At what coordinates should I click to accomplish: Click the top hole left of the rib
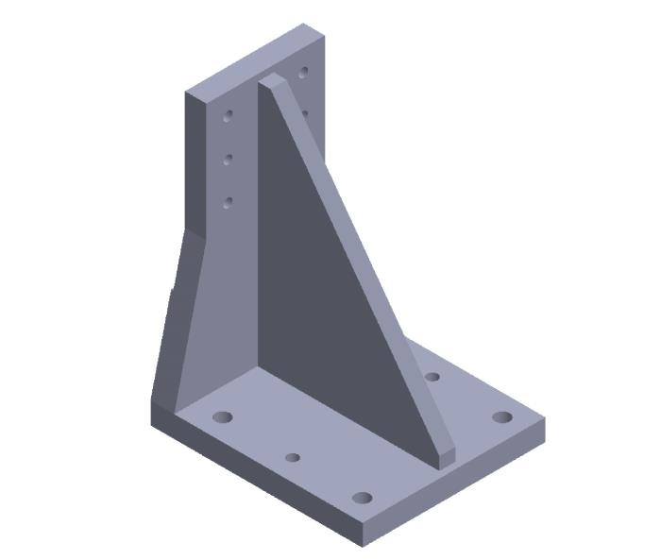click(228, 116)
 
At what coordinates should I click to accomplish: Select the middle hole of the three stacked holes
click(228, 160)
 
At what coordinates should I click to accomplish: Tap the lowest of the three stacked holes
click(228, 201)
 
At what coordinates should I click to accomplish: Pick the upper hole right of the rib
click(303, 72)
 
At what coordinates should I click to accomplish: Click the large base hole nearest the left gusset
click(224, 416)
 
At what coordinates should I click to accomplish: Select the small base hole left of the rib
click(293, 457)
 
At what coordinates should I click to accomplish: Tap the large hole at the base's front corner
click(362, 498)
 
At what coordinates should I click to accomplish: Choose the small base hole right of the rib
click(432, 377)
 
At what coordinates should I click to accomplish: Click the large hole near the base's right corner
click(502, 416)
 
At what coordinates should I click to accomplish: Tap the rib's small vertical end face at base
click(446, 458)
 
